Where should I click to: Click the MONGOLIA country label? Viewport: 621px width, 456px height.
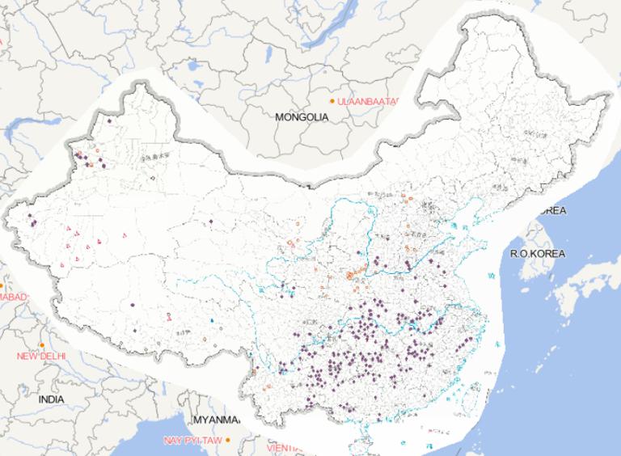[302, 117]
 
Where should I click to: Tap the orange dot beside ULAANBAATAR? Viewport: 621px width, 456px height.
[332, 100]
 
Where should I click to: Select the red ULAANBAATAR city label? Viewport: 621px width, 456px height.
[369, 101]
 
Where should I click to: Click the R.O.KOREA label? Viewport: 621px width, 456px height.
[538, 254]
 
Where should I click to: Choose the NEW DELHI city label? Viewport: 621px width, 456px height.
[42, 356]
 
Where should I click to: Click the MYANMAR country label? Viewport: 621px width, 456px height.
[216, 420]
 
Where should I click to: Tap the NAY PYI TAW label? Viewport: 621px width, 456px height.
[192, 440]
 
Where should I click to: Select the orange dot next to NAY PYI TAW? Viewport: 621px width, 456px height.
[229, 440]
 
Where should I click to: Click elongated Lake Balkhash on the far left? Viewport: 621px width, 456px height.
[32, 129]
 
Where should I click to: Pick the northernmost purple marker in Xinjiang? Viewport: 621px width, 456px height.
[109, 120]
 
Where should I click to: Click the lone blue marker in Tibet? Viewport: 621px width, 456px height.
[211, 320]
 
